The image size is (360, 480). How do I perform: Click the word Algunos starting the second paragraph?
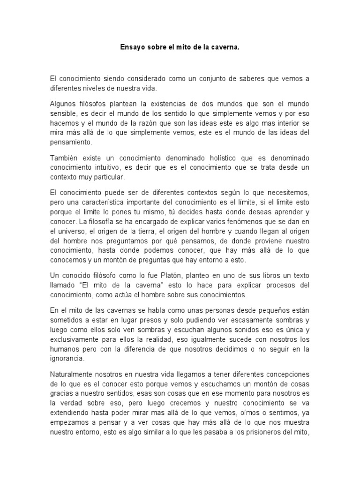(63, 103)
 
